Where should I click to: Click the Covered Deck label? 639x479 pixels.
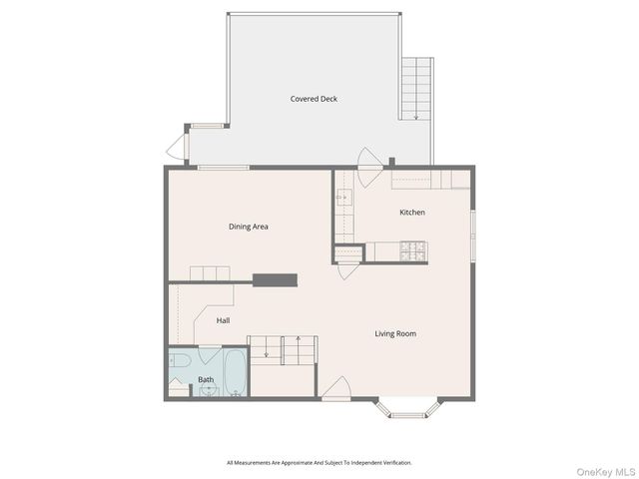[x=314, y=99]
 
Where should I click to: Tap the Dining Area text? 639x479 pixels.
[x=249, y=227]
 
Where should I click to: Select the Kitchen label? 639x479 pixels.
[x=412, y=213]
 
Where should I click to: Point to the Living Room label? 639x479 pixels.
[x=395, y=333]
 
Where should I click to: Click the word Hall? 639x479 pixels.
[x=224, y=320]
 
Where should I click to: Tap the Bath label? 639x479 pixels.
[x=206, y=380]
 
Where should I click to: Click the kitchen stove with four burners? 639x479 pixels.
[x=413, y=252]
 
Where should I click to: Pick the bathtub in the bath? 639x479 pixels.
[x=234, y=372]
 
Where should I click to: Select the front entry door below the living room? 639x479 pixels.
[x=336, y=389]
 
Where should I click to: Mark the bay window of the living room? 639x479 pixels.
[x=407, y=408]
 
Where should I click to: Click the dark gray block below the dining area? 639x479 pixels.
[x=275, y=280]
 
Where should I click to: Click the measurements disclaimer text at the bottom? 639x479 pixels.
[x=319, y=463]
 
